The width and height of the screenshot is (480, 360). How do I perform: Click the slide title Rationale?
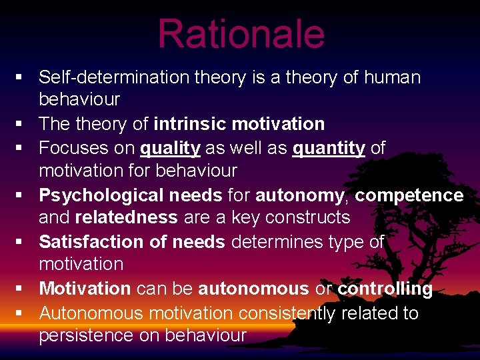pos(241,33)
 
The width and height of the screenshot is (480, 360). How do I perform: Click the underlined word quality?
pos(170,147)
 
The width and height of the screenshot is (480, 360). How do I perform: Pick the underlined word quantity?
pos(329,147)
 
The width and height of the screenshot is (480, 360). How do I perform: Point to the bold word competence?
pos(409,195)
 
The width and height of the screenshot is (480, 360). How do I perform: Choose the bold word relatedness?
pos(126,218)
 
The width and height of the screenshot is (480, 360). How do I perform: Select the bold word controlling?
pos(385,289)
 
